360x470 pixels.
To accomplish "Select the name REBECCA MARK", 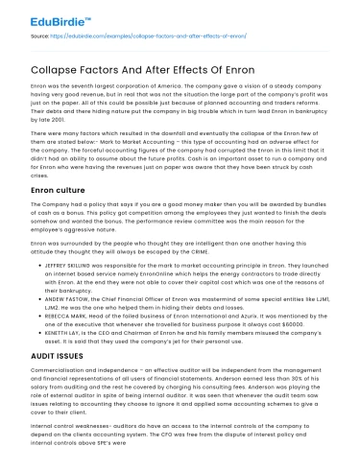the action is pyautogui.click(x=60, y=311).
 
